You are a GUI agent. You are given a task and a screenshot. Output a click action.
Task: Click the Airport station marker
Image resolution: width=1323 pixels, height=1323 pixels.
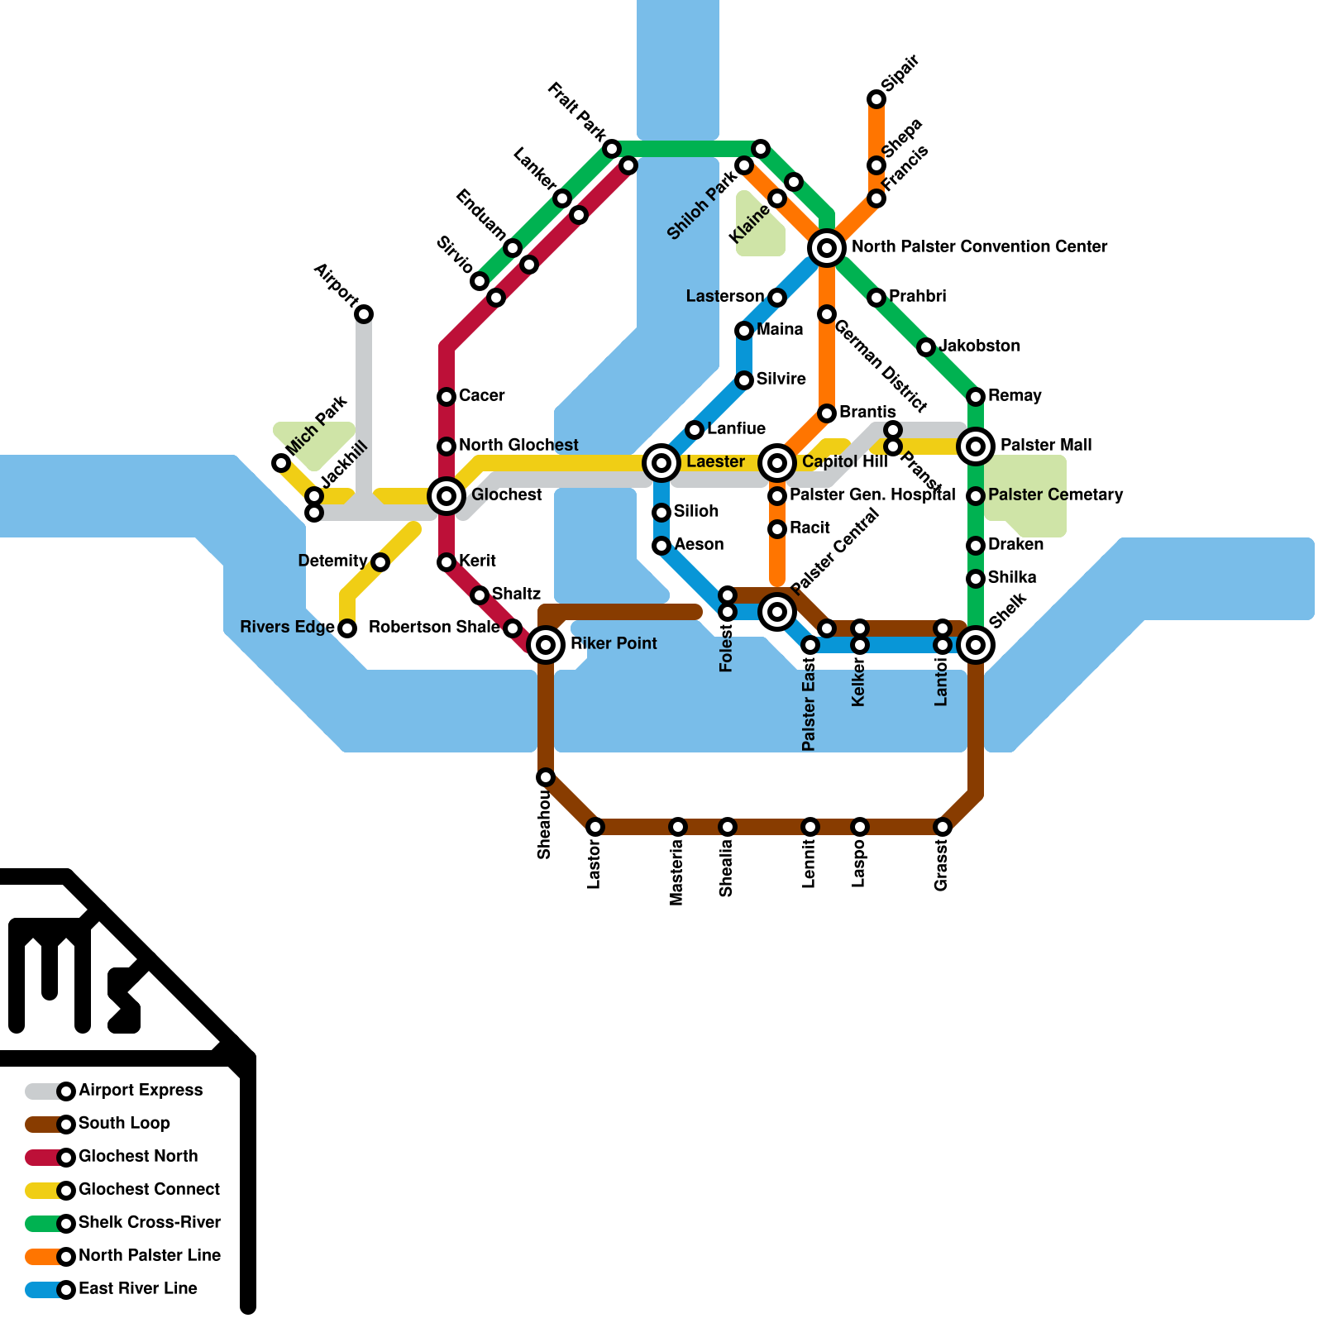[364, 314]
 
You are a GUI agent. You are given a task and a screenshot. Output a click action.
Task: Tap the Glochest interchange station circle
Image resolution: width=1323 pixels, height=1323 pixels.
[447, 496]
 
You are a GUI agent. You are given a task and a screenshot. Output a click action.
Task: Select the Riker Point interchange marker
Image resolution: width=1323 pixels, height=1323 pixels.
[546, 644]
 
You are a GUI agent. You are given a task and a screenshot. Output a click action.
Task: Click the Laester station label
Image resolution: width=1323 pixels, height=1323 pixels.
[715, 461]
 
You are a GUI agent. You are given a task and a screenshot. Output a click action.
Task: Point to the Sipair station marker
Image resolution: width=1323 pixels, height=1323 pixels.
[876, 99]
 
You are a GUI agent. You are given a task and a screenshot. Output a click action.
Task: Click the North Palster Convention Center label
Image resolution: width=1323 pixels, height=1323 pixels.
[979, 246]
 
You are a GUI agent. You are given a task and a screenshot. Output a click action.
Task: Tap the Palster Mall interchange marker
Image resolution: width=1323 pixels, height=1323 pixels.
[976, 447]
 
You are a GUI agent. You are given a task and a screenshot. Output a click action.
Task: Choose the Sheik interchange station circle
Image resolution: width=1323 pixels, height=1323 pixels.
[976, 644]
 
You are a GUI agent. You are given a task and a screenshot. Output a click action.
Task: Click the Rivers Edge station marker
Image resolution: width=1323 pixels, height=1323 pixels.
[348, 628]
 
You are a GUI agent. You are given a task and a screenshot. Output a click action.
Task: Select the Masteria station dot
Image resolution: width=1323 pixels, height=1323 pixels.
[678, 827]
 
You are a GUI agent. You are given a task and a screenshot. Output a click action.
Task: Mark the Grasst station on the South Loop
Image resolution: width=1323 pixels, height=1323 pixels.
[943, 827]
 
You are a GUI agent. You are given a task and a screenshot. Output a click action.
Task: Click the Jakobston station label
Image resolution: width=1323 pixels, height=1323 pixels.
[980, 346]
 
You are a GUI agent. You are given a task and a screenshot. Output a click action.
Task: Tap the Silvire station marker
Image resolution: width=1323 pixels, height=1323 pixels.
[744, 380]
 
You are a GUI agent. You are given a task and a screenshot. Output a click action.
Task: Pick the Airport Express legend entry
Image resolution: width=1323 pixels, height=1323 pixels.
[140, 1091]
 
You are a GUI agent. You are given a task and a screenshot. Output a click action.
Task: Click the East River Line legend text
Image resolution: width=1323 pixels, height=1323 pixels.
[138, 1288]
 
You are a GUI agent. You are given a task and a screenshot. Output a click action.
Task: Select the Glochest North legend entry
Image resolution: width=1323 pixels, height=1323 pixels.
[138, 1157]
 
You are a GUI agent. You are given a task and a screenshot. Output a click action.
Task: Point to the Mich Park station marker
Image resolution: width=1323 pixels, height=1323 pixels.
[281, 463]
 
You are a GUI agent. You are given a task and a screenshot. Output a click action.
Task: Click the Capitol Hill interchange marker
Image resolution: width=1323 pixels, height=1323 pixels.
[777, 462]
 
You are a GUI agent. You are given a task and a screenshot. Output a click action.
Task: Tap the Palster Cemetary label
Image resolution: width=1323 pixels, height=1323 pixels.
[1055, 494]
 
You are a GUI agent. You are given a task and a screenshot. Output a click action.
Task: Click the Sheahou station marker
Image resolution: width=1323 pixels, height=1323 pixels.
[546, 777]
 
